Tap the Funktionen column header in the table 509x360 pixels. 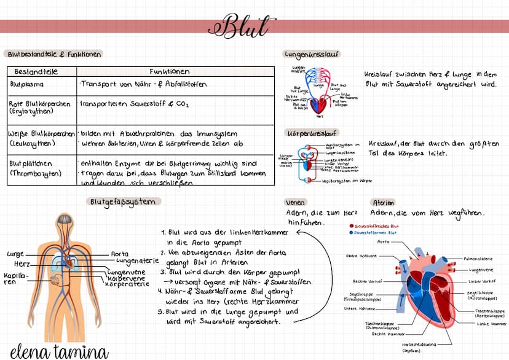(x=169, y=71)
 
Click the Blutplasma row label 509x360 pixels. (x=26, y=84)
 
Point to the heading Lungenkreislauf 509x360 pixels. (x=311, y=54)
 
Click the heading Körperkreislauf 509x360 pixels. (x=312, y=133)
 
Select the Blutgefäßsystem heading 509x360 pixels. (x=123, y=202)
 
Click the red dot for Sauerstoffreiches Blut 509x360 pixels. (x=351, y=226)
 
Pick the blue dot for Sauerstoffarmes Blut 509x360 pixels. (x=351, y=233)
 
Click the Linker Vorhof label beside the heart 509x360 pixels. (x=481, y=281)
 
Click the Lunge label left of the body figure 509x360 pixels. (x=15, y=254)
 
